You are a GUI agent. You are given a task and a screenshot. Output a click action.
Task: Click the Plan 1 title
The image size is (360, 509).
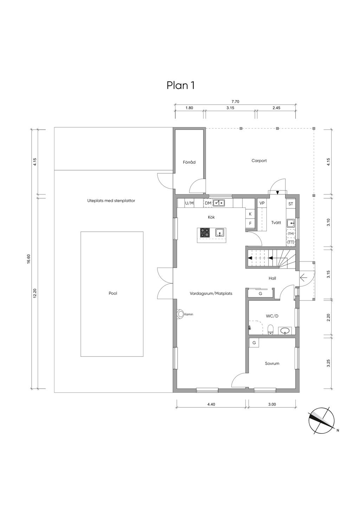(181, 86)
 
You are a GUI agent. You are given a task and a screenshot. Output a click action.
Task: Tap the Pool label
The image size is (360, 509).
(113, 294)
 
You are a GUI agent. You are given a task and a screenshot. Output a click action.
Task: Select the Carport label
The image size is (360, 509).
(259, 161)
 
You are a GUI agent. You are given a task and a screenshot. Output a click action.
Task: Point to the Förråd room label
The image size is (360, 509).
(189, 162)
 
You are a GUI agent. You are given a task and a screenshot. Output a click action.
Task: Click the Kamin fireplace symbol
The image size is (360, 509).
(180, 314)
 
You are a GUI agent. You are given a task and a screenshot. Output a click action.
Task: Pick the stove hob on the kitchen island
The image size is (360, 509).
(205, 232)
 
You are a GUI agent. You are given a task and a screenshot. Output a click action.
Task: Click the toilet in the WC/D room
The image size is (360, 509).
(270, 329)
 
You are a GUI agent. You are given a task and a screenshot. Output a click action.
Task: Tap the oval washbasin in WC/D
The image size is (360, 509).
(285, 331)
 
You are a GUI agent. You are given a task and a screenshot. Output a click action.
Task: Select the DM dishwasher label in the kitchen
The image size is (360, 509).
(208, 203)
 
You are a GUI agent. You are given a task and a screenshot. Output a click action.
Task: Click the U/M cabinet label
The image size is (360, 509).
(189, 203)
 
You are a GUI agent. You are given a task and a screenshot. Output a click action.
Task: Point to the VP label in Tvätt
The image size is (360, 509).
(262, 203)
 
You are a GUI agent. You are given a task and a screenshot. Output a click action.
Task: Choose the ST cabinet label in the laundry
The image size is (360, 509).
(291, 204)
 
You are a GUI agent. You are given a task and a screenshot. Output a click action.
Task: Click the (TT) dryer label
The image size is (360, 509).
(291, 242)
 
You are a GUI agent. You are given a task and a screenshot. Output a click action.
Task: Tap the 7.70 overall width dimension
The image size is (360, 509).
(236, 102)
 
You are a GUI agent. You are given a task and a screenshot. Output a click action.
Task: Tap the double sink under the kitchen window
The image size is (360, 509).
(219, 203)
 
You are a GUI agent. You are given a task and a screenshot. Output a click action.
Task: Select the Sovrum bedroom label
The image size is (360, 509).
(272, 363)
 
